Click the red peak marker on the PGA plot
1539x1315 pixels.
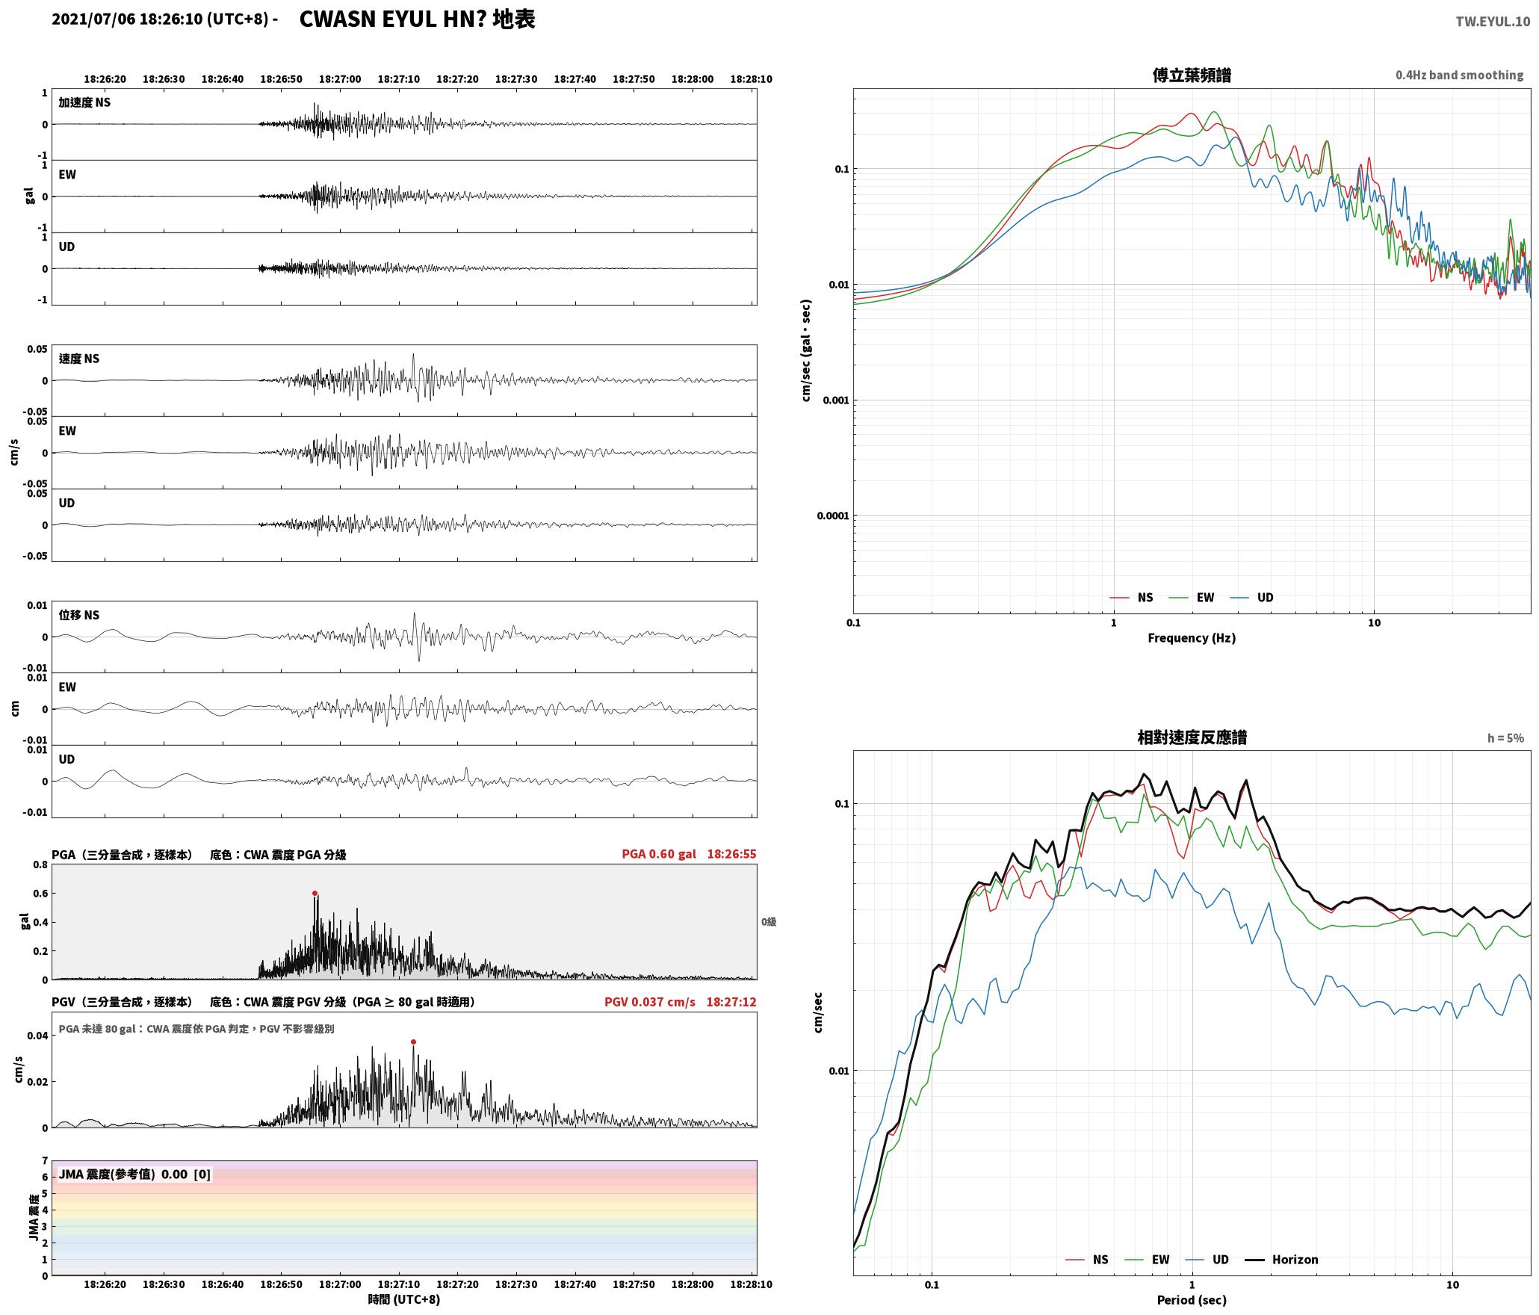tap(315, 893)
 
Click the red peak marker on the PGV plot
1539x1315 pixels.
tap(413, 1042)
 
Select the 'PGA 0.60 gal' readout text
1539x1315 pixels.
tap(659, 854)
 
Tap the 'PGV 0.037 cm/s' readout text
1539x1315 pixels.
tap(650, 1002)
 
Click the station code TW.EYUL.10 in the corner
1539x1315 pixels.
tap(1493, 22)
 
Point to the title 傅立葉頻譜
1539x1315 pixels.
tap(1192, 75)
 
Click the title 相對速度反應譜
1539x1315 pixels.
tap(1192, 737)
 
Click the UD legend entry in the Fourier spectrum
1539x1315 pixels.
tap(1252, 598)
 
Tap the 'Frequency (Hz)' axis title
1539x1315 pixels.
tap(1192, 638)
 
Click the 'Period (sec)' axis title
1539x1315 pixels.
tap(1192, 1300)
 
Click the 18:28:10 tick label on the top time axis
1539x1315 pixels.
tap(751, 78)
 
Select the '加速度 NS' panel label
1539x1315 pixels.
tap(84, 102)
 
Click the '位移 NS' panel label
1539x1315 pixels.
tap(79, 615)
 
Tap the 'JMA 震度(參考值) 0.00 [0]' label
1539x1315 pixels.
tap(134, 1174)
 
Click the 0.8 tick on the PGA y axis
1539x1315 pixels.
tap(40, 865)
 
